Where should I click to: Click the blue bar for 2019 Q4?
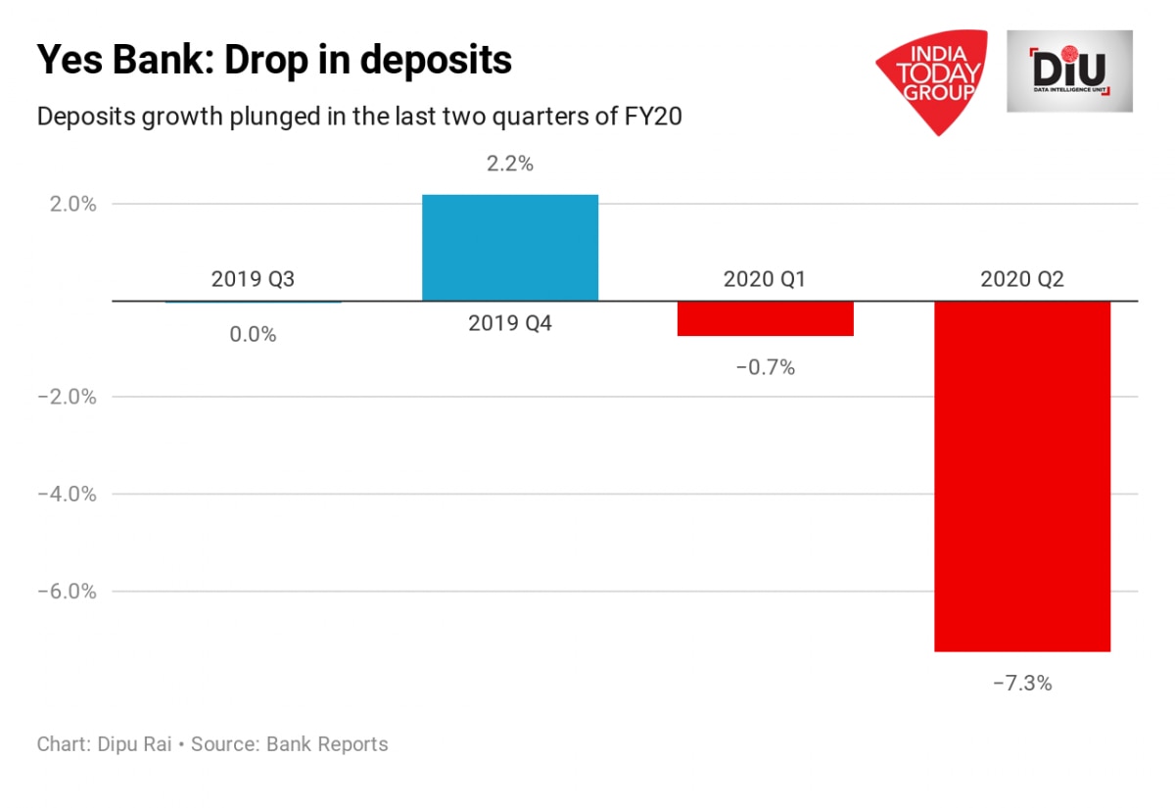pyautogui.click(x=509, y=247)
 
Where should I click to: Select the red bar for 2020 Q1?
pyautogui.click(x=765, y=318)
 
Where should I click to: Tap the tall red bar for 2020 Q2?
pyautogui.click(x=1021, y=475)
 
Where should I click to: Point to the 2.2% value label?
pyautogui.click(x=509, y=165)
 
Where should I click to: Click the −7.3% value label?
pyautogui.click(x=1021, y=684)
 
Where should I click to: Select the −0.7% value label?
pyautogui.click(x=765, y=368)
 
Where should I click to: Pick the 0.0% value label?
pyautogui.click(x=253, y=334)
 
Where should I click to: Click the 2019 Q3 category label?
pyautogui.click(x=253, y=279)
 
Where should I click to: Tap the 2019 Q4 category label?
pyautogui.click(x=509, y=323)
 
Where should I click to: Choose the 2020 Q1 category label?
pyautogui.click(x=765, y=279)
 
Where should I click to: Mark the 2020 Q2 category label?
pyautogui.click(x=1021, y=279)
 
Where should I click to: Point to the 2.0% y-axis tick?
pyautogui.click(x=68, y=205)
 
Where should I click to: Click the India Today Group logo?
pyautogui.click(x=929, y=78)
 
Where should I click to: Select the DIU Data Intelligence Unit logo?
pyautogui.click(x=1069, y=71)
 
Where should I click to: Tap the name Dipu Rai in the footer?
pyautogui.click(x=134, y=744)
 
